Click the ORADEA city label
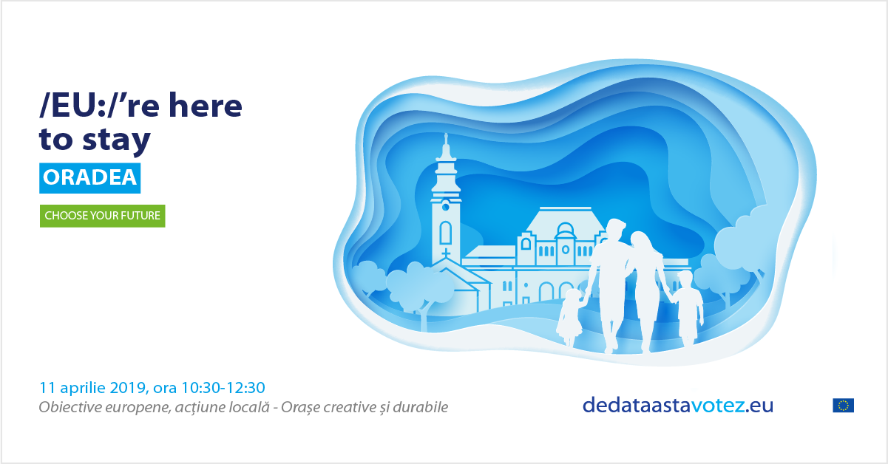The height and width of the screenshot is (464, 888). pyautogui.click(x=89, y=178)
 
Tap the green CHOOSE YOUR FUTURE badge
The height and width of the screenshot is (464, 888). pyautogui.click(x=102, y=216)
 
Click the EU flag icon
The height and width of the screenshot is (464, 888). pyautogui.click(x=843, y=406)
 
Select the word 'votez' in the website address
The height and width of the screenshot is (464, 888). pyautogui.click(x=718, y=406)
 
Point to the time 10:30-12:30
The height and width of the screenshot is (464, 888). pyautogui.click(x=223, y=387)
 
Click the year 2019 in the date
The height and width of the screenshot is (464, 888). pyautogui.click(x=128, y=387)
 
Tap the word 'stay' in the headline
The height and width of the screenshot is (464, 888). pyautogui.click(x=116, y=140)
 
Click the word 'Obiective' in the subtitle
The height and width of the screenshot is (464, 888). pyautogui.click(x=70, y=407)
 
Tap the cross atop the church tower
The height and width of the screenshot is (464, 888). pyautogui.click(x=446, y=139)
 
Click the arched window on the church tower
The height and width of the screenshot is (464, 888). pyautogui.click(x=446, y=233)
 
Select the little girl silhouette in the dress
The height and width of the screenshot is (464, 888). pyautogui.click(x=570, y=317)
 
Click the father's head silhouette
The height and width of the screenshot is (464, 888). pyautogui.click(x=615, y=230)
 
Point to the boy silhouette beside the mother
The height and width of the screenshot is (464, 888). pyautogui.click(x=687, y=307)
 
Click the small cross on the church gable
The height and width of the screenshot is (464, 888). pyautogui.click(x=446, y=253)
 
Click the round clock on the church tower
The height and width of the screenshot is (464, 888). pyautogui.click(x=446, y=206)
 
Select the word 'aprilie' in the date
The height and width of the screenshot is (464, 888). pyautogui.click(x=83, y=388)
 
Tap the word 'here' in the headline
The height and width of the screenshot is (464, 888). pyautogui.click(x=206, y=106)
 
